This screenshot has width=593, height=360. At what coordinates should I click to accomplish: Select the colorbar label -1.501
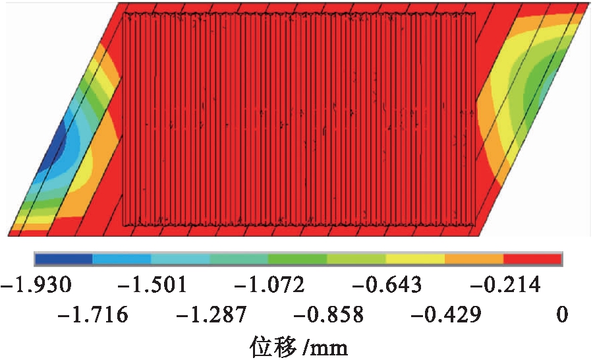152,285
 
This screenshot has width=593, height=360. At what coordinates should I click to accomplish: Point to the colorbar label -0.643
386,285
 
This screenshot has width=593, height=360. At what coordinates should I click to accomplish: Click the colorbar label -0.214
504,285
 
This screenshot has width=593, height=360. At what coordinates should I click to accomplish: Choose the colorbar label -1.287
210,315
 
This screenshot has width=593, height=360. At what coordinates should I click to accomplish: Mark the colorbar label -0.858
327,315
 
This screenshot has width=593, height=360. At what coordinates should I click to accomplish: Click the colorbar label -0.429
445,315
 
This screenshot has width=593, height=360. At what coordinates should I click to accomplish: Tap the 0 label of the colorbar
561,315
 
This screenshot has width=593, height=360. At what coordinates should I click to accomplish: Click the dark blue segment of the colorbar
64,258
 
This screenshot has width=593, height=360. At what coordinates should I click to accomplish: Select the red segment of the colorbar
532,258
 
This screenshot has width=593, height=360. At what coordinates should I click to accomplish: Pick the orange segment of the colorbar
474,258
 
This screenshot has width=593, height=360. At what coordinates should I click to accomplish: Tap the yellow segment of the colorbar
415,258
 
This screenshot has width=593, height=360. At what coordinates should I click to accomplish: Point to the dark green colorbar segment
298,258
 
